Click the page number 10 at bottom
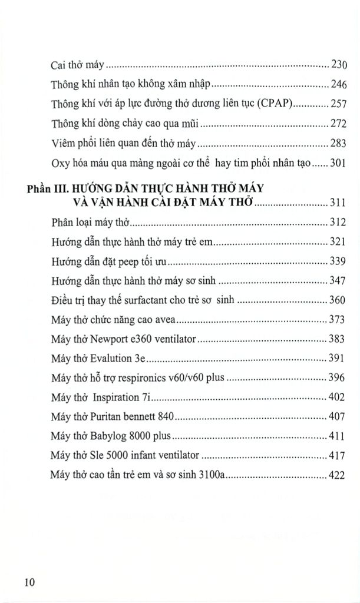(x=30, y=582)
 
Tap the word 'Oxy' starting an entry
(x=60, y=163)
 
